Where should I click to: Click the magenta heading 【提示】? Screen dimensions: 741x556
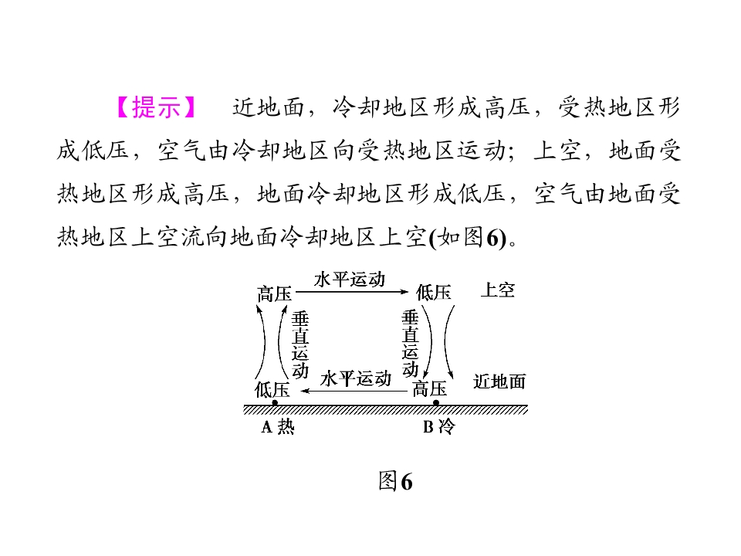pyautogui.click(x=156, y=107)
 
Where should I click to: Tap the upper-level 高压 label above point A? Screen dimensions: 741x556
pyautogui.click(x=274, y=293)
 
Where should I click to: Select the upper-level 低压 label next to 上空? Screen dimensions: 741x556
pyautogui.click(x=433, y=293)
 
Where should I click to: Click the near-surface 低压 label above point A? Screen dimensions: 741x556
pyautogui.click(x=272, y=389)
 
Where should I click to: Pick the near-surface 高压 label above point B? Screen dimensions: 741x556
pyautogui.click(x=430, y=388)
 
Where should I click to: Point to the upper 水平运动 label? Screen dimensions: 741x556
pyautogui.click(x=350, y=280)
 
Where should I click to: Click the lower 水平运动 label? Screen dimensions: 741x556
pyautogui.click(x=356, y=378)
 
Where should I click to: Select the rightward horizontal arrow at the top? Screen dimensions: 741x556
pyautogui.click(x=352, y=292)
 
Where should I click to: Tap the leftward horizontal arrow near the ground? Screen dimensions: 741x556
pyautogui.click(x=354, y=391)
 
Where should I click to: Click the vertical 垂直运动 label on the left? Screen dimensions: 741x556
pyautogui.click(x=300, y=344)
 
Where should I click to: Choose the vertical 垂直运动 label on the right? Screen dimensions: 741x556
pyautogui.click(x=410, y=343)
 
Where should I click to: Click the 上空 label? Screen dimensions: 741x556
pyautogui.click(x=498, y=290)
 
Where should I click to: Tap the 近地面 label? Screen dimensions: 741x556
pyautogui.click(x=499, y=381)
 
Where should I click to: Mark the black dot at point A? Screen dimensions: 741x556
pyautogui.click(x=275, y=403)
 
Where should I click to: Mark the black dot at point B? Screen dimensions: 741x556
pyautogui.click(x=436, y=403)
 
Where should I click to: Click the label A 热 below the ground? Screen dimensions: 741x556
pyautogui.click(x=278, y=426)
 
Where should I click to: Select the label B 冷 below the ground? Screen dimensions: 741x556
pyautogui.click(x=439, y=426)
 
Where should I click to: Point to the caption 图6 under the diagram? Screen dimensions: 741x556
pyautogui.click(x=395, y=481)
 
